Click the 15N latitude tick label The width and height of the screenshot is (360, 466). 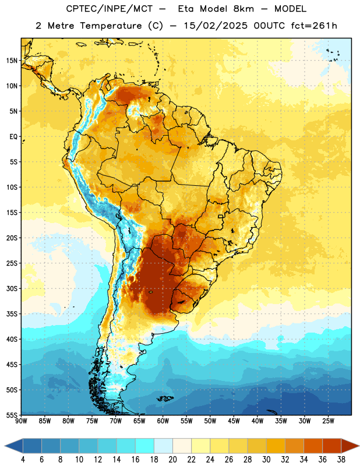click(12, 61)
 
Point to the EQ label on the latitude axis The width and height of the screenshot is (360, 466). click(13, 137)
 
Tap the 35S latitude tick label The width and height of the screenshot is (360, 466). click(12, 314)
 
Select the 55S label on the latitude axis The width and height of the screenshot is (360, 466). click(12, 415)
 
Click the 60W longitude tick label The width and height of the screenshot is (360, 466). click(163, 421)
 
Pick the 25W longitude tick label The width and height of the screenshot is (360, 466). click(328, 421)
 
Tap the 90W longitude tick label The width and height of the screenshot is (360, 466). click(21, 421)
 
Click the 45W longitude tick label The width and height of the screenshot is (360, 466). click(234, 421)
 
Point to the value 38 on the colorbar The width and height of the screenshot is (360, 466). click(341, 460)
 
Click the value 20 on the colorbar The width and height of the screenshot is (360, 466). click(172, 460)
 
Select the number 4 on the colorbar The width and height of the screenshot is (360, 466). click(23, 460)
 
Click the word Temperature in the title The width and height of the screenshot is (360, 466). click(111, 26)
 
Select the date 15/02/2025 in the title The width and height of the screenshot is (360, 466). click(216, 26)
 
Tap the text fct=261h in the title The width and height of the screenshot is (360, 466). click(314, 26)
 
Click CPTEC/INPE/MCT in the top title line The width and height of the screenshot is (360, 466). click(110, 9)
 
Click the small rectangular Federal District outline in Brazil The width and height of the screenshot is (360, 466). click(221, 216)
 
